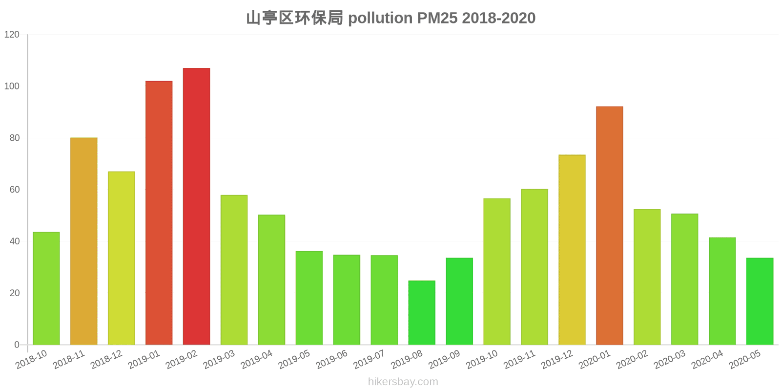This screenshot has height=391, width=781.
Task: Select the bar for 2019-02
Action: pyautogui.click(x=196, y=206)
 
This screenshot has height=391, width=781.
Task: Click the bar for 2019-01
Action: pyautogui.click(x=159, y=213)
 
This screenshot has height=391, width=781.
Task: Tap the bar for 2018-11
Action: pyautogui.click(x=84, y=241)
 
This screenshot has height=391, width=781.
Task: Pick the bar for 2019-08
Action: pyautogui.click(x=422, y=313)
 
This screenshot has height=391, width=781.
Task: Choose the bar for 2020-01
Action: pyautogui.click(x=609, y=225)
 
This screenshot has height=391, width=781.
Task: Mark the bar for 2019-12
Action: pyautogui.click(x=572, y=250)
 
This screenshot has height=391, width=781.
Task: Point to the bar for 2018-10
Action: pyautogui.click(x=46, y=288)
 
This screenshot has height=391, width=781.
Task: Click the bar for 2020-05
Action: pyautogui.click(x=760, y=301)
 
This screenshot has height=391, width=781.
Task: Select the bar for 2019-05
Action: pyautogui.click(x=309, y=298)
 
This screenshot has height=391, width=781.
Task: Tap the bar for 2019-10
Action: pyautogui.click(x=496, y=271)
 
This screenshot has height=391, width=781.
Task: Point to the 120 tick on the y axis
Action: pyautogui.click(x=12, y=35)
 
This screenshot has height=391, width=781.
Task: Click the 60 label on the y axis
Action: pyautogui.click(x=15, y=190)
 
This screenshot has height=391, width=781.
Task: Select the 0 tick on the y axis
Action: pyautogui.click(x=17, y=345)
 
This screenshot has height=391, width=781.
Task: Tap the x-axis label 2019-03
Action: pyautogui.click(x=219, y=360)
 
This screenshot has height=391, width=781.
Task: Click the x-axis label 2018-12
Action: pyautogui.click(x=106, y=360)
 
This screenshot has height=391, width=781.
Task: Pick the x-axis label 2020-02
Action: pyautogui.click(x=632, y=360)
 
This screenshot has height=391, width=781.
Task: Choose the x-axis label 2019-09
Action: pyautogui.click(x=445, y=360)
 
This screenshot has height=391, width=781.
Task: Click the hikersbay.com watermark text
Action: pyautogui.click(x=403, y=382)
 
